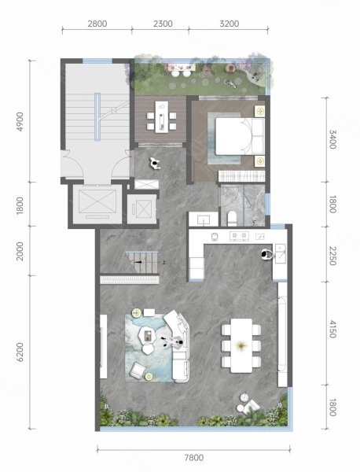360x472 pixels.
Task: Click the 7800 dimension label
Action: point(194,458)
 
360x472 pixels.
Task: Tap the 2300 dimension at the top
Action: point(163,24)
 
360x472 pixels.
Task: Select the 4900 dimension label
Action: point(20,121)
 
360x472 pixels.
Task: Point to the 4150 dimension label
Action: point(332,329)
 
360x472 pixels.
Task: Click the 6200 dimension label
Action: point(20,352)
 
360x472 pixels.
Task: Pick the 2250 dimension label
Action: point(332,256)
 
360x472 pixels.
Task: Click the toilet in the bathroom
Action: point(232,218)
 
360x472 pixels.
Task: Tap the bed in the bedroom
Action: point(240,136)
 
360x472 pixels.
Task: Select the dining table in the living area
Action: point(241,345)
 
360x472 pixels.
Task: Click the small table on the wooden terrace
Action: point(162,116)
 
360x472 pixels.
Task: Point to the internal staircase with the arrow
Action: point(142,262)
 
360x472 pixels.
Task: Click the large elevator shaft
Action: point(97,203)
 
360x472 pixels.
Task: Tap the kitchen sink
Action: point(281,254)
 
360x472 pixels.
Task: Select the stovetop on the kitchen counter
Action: point(240,236)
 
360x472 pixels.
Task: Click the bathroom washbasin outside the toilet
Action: point(204,219)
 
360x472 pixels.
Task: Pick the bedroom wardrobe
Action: point(241,176)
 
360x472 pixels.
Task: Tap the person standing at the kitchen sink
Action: point(266,254)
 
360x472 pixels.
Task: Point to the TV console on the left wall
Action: point(103,346)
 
